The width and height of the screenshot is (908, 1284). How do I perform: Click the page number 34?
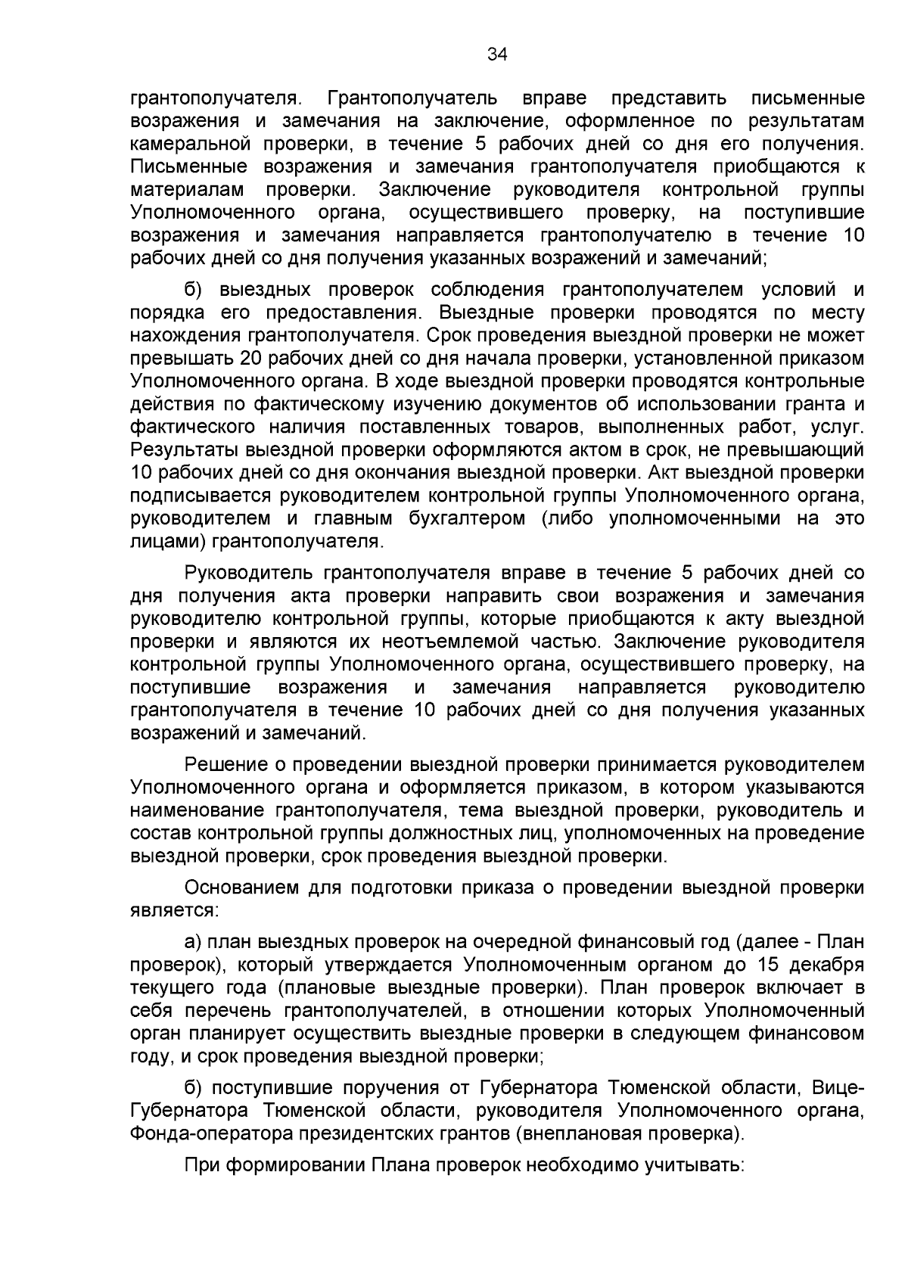pos(497,54)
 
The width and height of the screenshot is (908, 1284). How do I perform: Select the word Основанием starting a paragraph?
pos(241,887)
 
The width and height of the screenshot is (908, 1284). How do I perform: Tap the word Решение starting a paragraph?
pos(223,764)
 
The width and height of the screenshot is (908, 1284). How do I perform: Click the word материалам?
pos(188,189)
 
